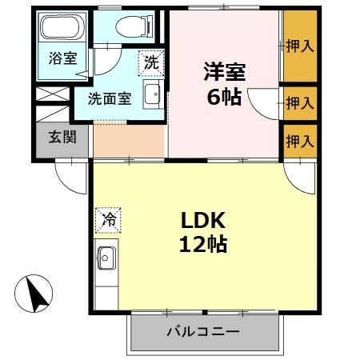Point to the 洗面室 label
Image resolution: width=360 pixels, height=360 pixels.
coord(110,100)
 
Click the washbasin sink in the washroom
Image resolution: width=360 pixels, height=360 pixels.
coord(152,94)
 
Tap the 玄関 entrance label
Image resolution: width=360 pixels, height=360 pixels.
coord(62,138)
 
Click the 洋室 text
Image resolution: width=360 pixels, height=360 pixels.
coord(222,71)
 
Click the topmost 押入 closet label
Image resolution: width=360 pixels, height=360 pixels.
coord(300,46)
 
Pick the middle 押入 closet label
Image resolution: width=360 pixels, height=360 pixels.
coord(300,102)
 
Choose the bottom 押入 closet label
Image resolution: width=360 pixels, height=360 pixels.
coord(300,142)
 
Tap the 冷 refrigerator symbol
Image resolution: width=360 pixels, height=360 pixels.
coord(107,218)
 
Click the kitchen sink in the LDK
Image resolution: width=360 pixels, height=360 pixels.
coord(107,259)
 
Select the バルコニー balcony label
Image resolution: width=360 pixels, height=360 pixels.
coord(202,331)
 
